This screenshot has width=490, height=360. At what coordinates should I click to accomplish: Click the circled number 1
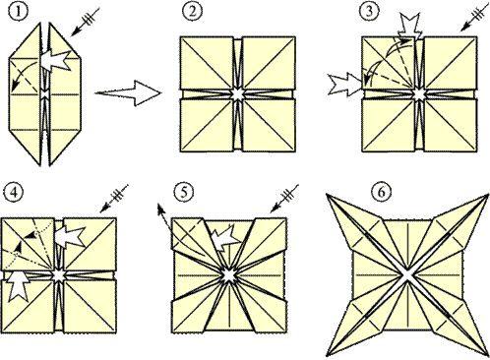[x=19, y=12]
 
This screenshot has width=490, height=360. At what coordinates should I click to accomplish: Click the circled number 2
[x=192, y=12]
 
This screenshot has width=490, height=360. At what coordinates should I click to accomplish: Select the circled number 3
[x=370, y=12]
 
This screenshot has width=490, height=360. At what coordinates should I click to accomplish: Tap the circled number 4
[x=14, y=193]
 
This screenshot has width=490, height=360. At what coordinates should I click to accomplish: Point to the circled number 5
[x=183, y=193]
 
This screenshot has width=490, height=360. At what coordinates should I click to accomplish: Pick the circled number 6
[x=382, y=193]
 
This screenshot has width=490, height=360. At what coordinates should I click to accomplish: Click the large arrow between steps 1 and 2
[x=128, y=93]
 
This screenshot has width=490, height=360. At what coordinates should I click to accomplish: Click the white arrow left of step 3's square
[x=345, y=85]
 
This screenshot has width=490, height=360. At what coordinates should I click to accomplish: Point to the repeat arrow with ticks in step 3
[x=473, y=19]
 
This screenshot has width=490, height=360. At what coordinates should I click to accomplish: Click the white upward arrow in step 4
[x=19, y=285]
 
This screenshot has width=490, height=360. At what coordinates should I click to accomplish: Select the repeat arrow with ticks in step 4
[x=113, y=198]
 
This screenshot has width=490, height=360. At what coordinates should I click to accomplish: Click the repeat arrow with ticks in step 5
[x=284, y=198]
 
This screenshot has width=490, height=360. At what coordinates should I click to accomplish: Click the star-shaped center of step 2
[x=237, y=93]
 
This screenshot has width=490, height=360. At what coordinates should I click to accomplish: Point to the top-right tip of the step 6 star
[x=487, y=195]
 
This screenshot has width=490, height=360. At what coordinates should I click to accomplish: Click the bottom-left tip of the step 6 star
[x=328, y=355]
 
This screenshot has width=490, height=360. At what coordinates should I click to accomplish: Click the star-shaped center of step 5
[x=229, y=276]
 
